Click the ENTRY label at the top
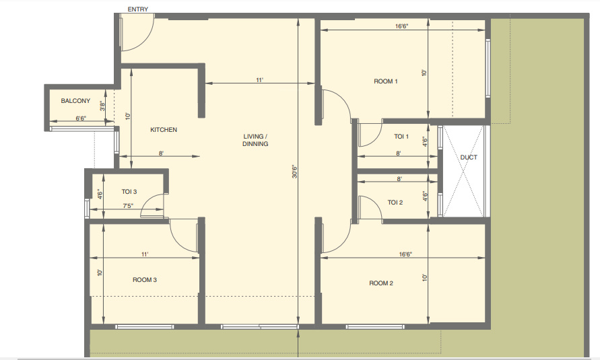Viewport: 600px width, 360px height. [137, 9]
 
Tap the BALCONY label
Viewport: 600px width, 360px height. [75, 101]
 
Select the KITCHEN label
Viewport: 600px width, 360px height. [164, 130]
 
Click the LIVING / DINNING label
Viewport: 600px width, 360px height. [256, 140]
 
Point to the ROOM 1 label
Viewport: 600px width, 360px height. [386, 81]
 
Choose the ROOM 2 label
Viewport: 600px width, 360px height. [381, 283]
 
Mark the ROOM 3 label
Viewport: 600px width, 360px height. [145, 280]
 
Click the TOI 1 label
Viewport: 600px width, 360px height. [401, 137]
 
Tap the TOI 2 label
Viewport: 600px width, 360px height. [395, 203]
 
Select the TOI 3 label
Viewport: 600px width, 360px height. [129, 192]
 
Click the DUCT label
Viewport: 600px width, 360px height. [469, 158]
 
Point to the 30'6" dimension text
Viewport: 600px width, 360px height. [294, 172]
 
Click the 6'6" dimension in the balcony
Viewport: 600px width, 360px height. [81, 118]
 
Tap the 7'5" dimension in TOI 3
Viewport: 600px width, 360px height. [127, 206]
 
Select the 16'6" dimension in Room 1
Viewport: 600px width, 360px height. [402, 26]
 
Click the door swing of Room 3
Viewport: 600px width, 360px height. [182, 236]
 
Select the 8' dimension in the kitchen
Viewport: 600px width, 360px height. [162, 154]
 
